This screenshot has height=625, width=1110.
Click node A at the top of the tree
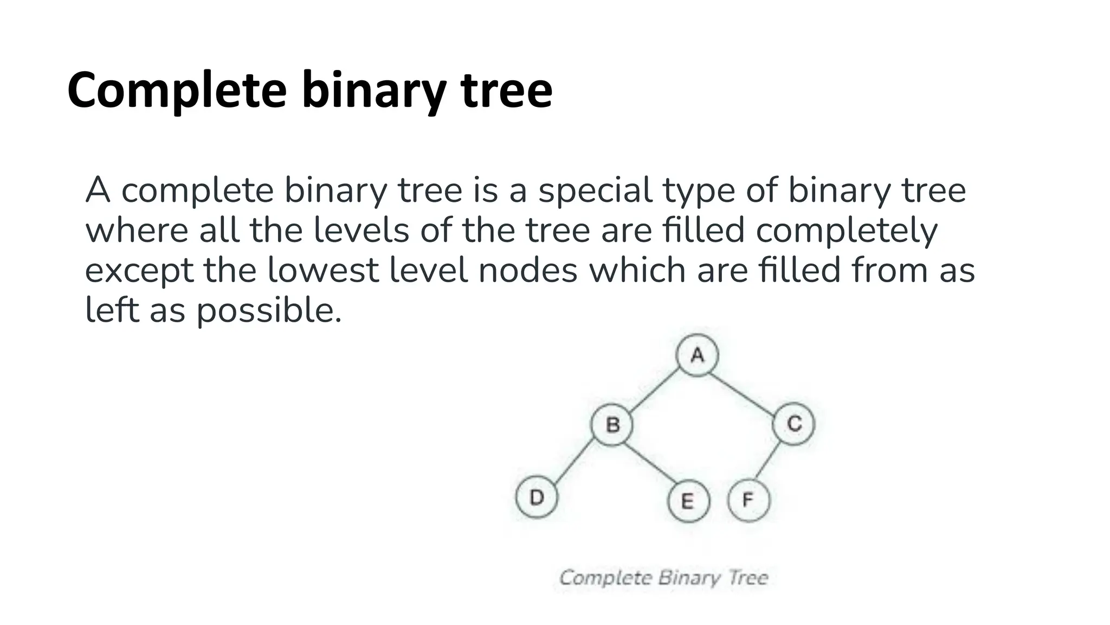[x=697, y=355]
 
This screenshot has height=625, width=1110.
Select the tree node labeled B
[x=612, y=424]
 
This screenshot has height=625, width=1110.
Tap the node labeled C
[x=793, y=424]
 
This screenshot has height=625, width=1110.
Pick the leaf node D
[x=536, y=497]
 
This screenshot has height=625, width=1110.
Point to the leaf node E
[x=688, y=501]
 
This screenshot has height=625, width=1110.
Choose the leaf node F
[x=748, y=500]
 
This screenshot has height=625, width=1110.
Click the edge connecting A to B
[x=655, y=390]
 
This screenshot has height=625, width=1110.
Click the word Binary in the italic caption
[x=689, y=578]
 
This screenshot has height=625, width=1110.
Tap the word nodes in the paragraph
[x=528, y=271]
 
